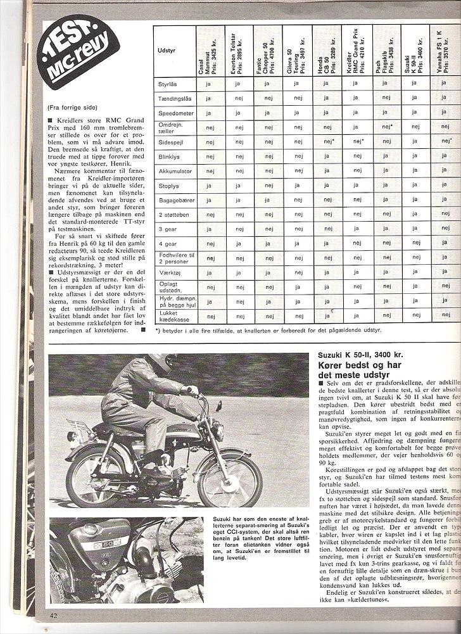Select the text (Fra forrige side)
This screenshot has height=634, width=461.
pyautogui.click(x=73, y=108)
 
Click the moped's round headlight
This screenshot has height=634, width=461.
pyautogui.click(x=216, y=431)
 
